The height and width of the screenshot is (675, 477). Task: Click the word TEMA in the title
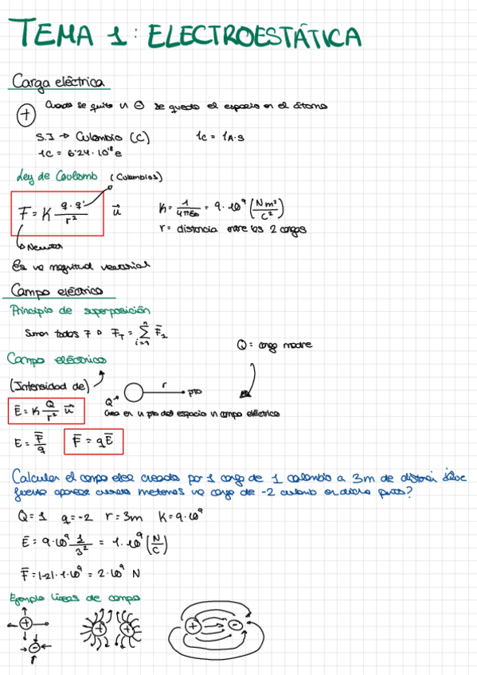coord(57,35)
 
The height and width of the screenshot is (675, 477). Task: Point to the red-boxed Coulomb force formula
coord(57,213)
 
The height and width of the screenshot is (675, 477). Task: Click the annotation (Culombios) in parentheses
coord(134,177)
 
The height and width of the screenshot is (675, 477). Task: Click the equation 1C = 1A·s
coord(219,136)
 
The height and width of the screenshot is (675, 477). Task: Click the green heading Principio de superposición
coord(80,310)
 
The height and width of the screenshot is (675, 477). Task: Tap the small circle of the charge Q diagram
coord(133,392)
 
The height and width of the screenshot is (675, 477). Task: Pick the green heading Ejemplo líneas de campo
coord(76,598)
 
